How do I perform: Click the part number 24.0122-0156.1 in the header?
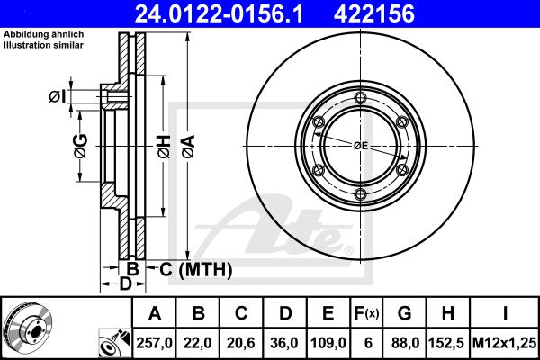[219, 13]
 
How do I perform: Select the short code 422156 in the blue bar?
[374, 13]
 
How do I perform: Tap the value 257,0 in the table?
[154, 343]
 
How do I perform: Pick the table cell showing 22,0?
[198, 343]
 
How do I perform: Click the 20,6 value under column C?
[241, 343]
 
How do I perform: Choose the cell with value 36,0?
[284, 343]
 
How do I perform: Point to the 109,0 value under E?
[328, 343]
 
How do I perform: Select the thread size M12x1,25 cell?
[505, 343]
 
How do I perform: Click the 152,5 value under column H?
[447, 343]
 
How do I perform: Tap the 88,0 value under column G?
[405, 343]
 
